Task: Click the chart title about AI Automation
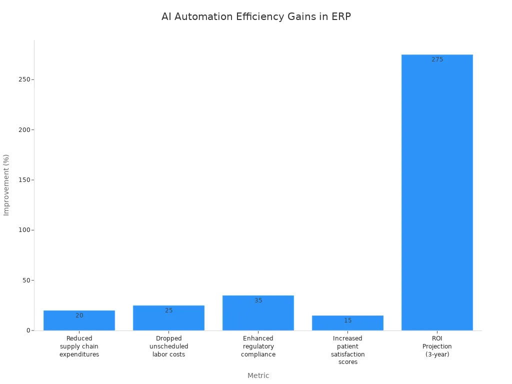pos(256,16)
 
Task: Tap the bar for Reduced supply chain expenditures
pos(79,322)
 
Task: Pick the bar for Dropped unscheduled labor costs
pos(168,320)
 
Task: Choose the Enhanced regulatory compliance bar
pos(258,315)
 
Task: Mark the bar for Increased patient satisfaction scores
pos(347,324)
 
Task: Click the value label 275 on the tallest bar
pos(437,59)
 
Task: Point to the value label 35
pos(258,300)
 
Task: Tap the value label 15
pos(347,320)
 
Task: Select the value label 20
pos(79,315)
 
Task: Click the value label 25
pos(168,310)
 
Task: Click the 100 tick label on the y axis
pos(23,230)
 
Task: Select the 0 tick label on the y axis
pos(28,330)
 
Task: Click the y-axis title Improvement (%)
pos(6,185)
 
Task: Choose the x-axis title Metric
pos(258,375)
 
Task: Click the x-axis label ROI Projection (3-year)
pos(437,346)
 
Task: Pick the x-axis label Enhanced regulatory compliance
pos(258,346)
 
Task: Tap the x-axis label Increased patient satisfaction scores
pos(347,350)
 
